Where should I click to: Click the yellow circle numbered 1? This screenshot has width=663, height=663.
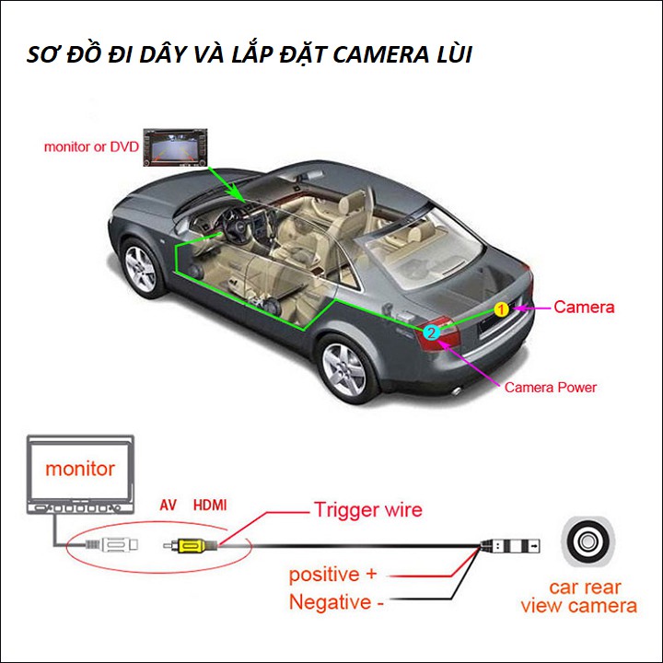[501, 309]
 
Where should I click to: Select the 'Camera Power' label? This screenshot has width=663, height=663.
[551, 387]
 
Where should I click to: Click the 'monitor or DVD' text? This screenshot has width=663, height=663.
[91, 146]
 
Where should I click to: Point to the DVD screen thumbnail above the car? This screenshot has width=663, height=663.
[172, 147]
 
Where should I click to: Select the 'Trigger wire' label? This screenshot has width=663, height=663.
[367, 509]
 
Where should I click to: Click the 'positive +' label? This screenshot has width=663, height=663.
[332, 575]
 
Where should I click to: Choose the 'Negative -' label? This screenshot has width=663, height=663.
[337, 603]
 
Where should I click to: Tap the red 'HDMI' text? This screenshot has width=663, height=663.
[210, 505]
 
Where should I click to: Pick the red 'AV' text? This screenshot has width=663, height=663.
[168, 505]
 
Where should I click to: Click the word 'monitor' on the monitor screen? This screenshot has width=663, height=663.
[80, 469]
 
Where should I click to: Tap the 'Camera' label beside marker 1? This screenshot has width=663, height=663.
[583, 307]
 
